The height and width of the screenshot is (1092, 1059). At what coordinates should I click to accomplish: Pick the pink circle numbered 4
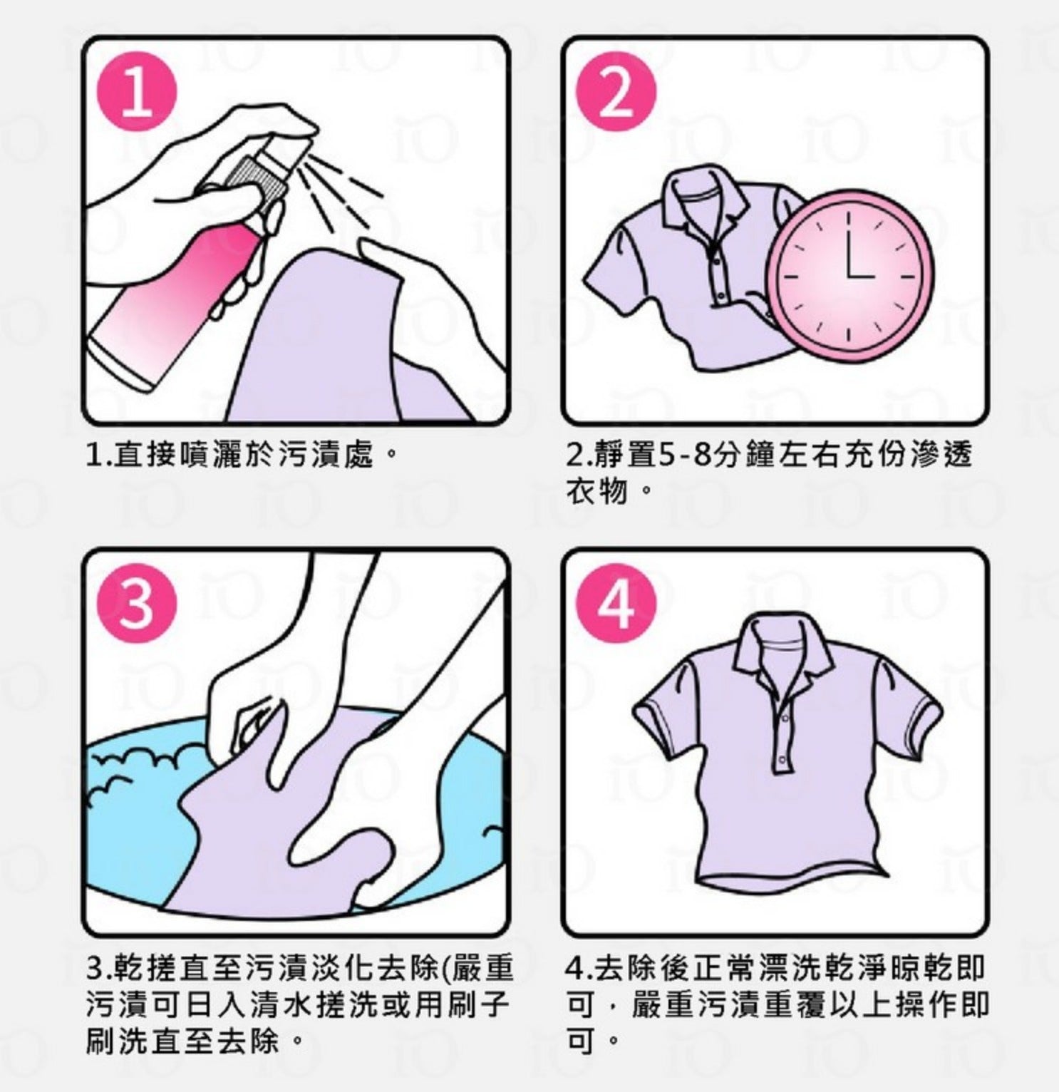[x=616, y=602]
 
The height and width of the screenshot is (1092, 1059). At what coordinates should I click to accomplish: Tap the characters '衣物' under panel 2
[x=596, y=491]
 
